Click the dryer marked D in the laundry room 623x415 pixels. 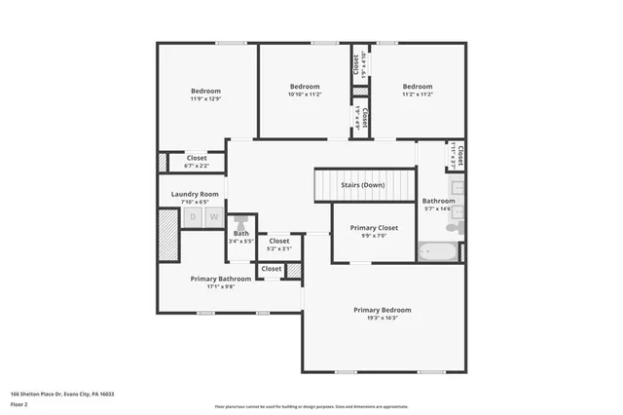(x=193, y=217)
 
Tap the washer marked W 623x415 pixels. (x=214, y=217)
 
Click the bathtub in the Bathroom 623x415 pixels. (x=437, y=252)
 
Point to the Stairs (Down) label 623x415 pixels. (x=362, y=185)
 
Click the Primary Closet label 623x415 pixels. (x=375, y=228)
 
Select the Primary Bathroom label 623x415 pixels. (x=221, y=279)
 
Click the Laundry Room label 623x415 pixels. (x=196, y=194)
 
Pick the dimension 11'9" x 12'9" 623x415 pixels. (x=205, y=98)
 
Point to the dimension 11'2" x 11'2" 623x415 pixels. (x=418, y=94)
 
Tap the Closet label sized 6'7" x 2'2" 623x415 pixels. (x=197, y=165)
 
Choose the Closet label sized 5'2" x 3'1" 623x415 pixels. (x=279, y=248)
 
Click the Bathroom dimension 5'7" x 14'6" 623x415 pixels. (x=439, y=208)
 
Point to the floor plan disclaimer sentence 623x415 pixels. (x=311, y=406)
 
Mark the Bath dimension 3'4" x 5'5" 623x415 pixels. (x=240, y=241)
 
